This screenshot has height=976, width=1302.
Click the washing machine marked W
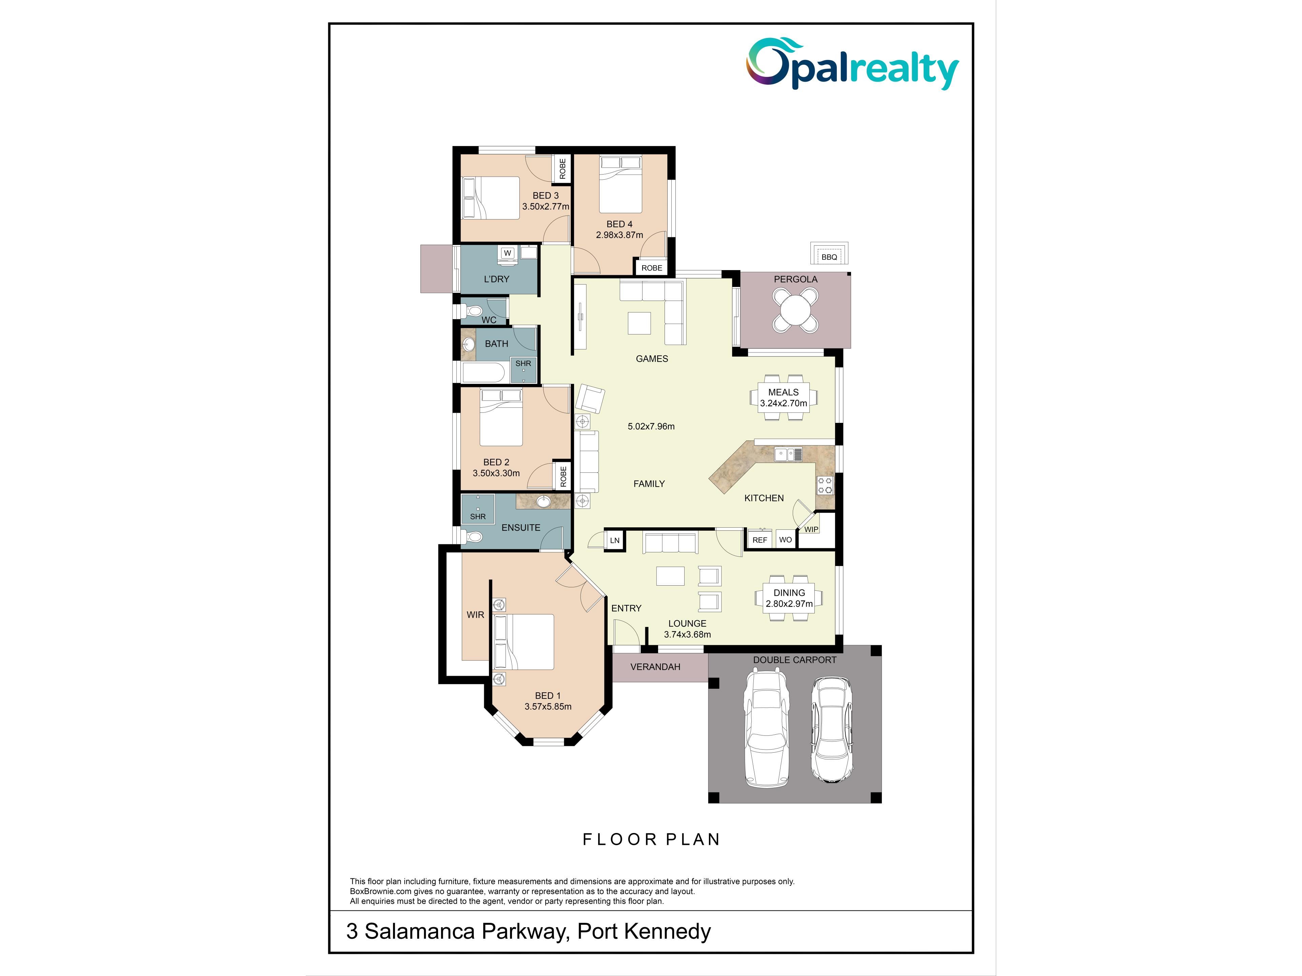point(507,253)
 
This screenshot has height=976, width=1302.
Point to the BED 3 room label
point(546,195)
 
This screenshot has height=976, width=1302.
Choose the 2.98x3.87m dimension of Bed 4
point(619,235)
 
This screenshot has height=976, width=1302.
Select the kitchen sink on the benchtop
point(788,453)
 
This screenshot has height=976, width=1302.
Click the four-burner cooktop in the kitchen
point(825,485)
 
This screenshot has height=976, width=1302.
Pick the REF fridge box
point(759,540)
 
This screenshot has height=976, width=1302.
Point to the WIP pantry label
point(811,529)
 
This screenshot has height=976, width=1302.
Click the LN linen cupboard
point(614,540)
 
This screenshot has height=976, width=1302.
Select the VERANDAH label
point(655,667)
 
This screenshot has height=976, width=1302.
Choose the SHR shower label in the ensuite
point(478,516)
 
